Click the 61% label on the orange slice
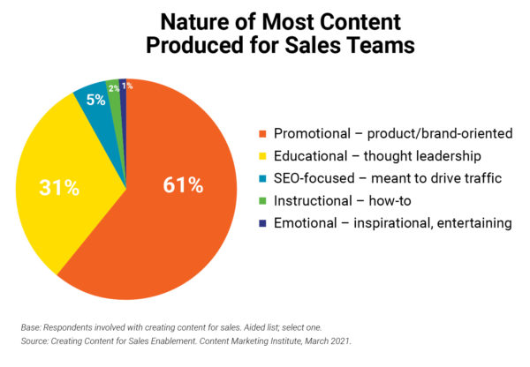pyautogui.click(x=183, y=186)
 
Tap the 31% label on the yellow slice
pyautogui.click(x=59, y=188)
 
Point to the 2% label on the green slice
pyautogui.click(x=114, y=88)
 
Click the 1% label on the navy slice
pyautogui.click(x=127, y=86)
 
